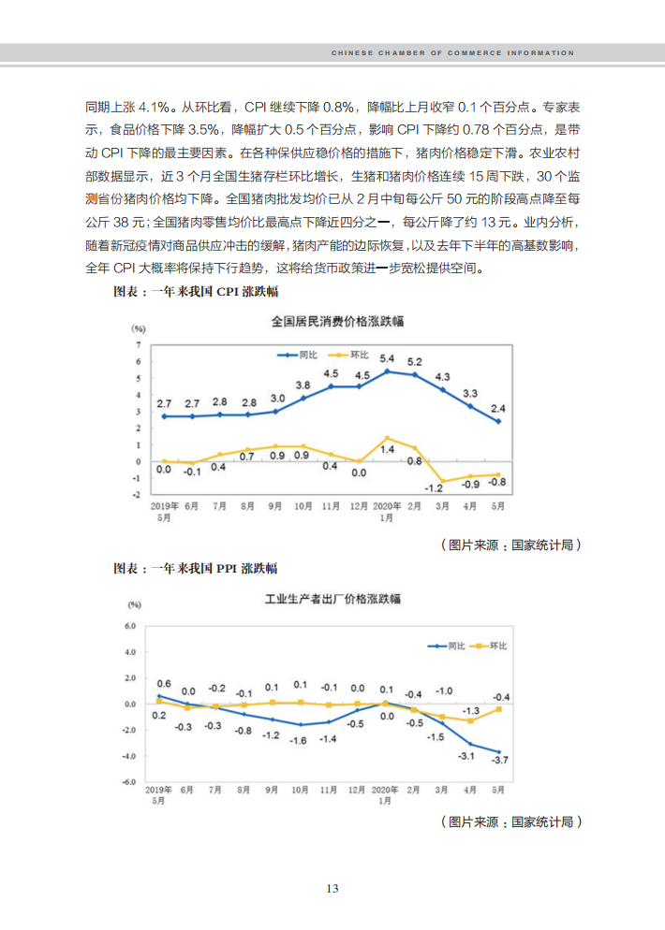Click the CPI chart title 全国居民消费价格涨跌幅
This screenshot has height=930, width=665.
[x=337, y=322]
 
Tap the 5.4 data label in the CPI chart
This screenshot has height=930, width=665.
[x=387, y=358]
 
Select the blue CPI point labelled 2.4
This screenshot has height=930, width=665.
[x=498, y=421]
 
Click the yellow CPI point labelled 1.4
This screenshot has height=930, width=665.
[x=387, y=438]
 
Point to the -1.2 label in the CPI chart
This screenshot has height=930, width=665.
[x=434, y=488]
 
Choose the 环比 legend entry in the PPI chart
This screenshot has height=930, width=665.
[x=489, y=646]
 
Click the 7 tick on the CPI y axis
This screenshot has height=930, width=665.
[x=139, y=344]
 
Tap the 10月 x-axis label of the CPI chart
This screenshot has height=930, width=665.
[x=303, y=506]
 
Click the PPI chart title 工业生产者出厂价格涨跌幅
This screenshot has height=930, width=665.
[x=332, y=599]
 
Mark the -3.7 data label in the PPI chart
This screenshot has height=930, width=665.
[x=500, y=760]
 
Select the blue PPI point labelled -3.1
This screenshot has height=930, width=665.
[x=470, y=744]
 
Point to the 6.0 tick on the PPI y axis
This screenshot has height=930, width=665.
[x=130, y=626]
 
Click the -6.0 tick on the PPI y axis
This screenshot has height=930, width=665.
[x=129, y=782]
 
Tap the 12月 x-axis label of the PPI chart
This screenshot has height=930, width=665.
[x=356, y=790]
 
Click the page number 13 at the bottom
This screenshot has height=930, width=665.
[x=332, y=889]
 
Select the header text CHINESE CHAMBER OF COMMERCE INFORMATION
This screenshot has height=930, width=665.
[x=452, y=52]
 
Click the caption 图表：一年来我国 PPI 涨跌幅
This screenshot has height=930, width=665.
[x=196, y=568]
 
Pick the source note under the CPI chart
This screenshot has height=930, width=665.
[x=510, y=545]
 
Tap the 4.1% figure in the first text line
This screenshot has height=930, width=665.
[x=154, y=108]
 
